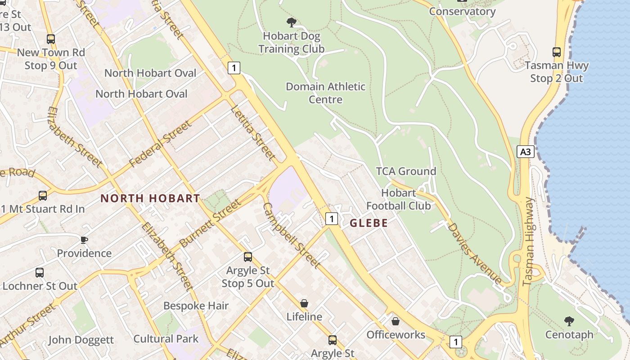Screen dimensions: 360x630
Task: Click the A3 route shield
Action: [525, 152]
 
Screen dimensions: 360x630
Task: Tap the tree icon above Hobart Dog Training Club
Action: [292, 22]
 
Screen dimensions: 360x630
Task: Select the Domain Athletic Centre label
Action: [325, 93]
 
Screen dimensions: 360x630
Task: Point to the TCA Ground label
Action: [406, 171]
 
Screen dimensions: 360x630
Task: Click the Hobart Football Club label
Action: [398, 199]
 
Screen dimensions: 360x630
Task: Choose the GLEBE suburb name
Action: [369, 223]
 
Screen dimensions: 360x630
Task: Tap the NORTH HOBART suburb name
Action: [150, 198]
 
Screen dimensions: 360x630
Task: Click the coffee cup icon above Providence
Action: [84, 239]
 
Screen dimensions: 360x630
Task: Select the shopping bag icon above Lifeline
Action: [304, 303]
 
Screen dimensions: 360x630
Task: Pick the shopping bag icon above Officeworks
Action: [395, 321]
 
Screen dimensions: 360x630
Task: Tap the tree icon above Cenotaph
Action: [569, 321]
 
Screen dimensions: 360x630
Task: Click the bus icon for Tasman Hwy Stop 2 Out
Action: [557, 52]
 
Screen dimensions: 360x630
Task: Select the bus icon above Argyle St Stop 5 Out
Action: [247, 257]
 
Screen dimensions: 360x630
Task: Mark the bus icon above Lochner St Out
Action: [40, 272]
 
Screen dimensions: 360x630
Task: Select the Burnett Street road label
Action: [210, 224]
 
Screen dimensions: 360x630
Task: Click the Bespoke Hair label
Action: [196, 306]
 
